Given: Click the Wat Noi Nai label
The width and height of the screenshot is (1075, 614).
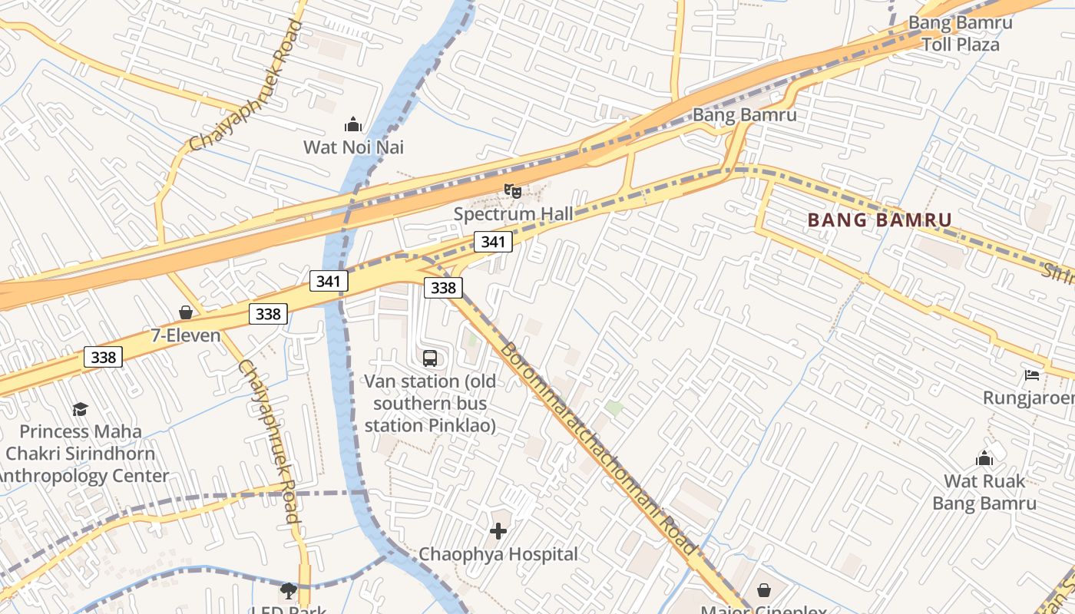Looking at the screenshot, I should (x=353, y=147).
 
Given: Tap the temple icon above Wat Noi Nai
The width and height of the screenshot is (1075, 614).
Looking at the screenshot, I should (x=353, y=124).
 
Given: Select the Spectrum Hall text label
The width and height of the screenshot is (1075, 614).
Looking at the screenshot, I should (x=513, y=213).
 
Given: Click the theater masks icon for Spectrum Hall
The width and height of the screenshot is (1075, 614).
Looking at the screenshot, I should (x=513, y=190).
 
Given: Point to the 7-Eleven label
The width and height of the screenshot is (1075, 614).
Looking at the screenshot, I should (x=186, y=335).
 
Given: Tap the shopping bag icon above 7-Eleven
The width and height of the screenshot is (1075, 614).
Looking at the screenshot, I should (x=186, y=312).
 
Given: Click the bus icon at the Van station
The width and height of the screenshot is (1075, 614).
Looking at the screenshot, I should (x=430, y=358).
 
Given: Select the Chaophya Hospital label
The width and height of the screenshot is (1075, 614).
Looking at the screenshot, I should (x=498, y=553).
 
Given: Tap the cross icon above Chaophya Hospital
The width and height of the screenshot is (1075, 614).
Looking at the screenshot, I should (x=498, y=530).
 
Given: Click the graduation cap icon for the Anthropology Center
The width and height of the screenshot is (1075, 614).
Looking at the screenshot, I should (x=80, y=409).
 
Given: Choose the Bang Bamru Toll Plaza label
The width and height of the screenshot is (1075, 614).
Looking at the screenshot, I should (x=960, y=33).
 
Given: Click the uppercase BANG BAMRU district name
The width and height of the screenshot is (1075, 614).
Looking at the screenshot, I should (x=879, y=220).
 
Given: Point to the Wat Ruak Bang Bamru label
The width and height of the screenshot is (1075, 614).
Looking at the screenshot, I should (x=984, y=492).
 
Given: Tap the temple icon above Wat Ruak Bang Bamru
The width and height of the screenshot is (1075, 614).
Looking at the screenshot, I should (x=984, y=459).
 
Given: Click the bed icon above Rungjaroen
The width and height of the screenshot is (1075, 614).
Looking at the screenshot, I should (x=1032, y=375).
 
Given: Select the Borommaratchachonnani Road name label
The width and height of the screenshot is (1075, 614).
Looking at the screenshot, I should (x=599, y=448).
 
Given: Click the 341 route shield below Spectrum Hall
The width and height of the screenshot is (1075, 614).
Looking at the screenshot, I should (x=492, y=242).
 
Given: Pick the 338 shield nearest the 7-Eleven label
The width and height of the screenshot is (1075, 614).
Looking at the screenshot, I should (x=268, y=313).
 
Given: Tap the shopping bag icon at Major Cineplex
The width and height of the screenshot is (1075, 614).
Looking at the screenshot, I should (x=764, y=589).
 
